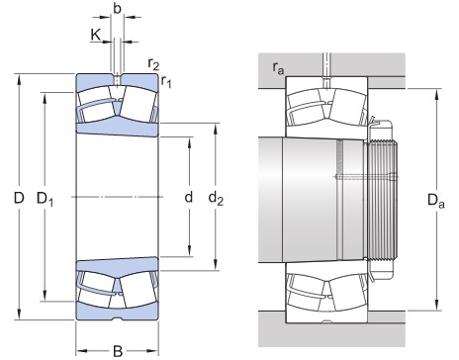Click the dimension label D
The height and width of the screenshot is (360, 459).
(x=18, y=199)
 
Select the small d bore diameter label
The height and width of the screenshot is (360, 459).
(x=187, y=199)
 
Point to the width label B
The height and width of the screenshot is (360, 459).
(x=117, y=349)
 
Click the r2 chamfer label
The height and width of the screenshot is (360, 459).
(x=153, y=65)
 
